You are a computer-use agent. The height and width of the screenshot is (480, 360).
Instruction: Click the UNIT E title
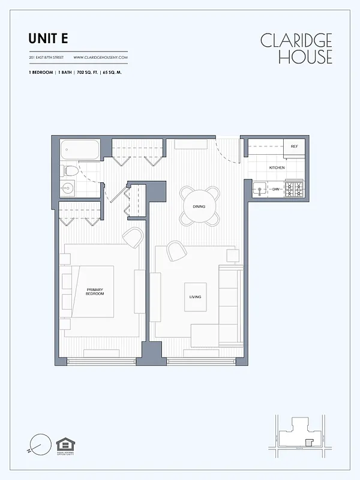[48, 38]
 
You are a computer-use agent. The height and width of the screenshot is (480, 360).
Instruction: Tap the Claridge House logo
[296, 49]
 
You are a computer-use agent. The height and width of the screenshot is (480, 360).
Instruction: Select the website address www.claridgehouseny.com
[101, 58]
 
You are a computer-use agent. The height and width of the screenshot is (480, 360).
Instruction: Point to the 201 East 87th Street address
[47, 58]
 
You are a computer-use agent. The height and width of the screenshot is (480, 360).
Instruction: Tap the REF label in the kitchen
[294, 146]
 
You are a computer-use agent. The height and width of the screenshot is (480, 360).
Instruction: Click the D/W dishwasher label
[276, 190]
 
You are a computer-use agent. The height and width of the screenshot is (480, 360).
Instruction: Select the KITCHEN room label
[277, 167]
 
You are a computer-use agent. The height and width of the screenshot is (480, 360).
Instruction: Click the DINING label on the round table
[199, 206]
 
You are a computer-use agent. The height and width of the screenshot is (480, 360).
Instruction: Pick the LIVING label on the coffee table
[195, 297]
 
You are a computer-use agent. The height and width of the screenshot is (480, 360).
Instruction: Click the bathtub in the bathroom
[81, 149]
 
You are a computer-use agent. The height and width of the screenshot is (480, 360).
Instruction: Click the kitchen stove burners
[294, 190]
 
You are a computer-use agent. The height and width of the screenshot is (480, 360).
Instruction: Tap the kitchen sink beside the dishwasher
[260, 190]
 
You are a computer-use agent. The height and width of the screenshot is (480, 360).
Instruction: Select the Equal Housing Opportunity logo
[63, 446]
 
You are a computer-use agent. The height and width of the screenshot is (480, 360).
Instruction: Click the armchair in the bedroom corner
[133, 238]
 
